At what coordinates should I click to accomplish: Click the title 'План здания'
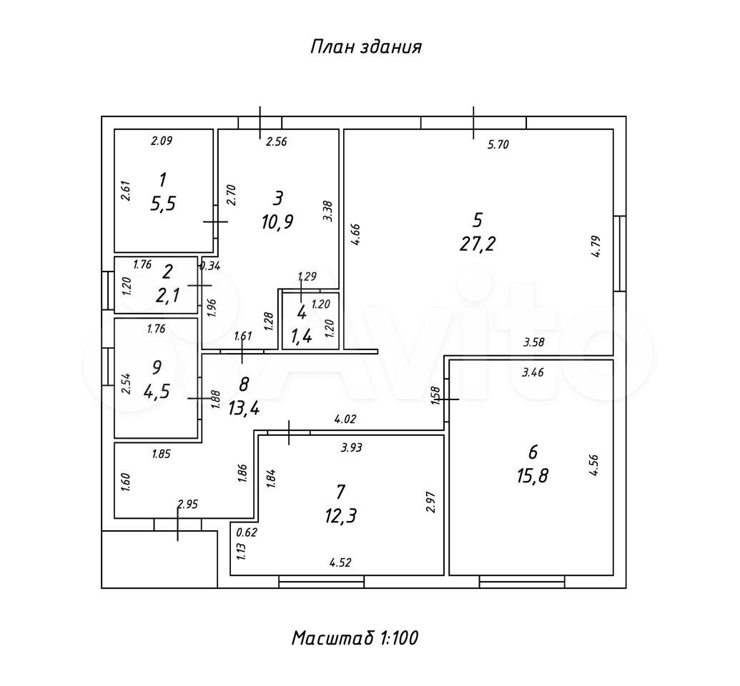point(365,47)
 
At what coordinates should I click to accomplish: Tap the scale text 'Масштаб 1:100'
point(355,637)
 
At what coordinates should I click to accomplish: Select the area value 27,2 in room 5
point(478,244)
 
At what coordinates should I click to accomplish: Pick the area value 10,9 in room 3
point(278,221)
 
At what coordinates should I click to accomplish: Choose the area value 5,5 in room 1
point(163,204)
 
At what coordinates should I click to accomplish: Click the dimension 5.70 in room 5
point(498,145)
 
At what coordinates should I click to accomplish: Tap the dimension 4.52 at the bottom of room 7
point(340,562)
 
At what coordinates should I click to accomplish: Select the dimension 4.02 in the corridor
point(345,419)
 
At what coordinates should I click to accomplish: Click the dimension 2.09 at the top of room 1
point(161,141)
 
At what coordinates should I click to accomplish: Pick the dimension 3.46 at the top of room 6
point(533,372)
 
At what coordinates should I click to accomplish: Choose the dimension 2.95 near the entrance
point(187,504)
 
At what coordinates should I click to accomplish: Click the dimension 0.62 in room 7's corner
point(247,532)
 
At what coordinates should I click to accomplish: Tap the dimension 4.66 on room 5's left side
point(355,235)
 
